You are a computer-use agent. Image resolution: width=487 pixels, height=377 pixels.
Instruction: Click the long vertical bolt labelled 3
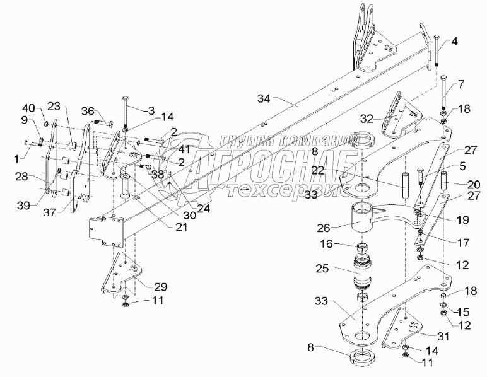point(126,113)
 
